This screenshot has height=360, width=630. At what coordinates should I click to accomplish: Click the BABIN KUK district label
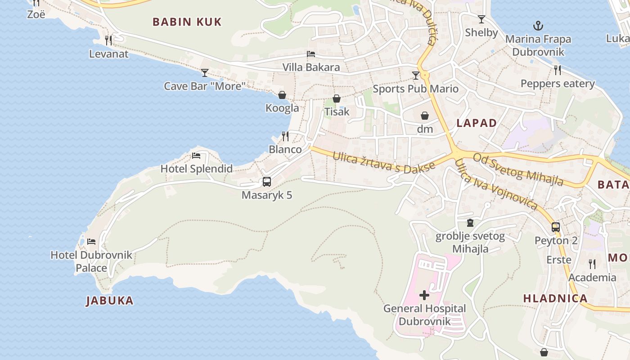pos(187,22)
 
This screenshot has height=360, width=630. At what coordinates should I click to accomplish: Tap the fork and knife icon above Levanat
pos(108,40)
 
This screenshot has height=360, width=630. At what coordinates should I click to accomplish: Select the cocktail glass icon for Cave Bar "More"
pos(205,72)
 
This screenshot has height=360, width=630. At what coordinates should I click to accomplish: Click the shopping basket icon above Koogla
pos(282,95)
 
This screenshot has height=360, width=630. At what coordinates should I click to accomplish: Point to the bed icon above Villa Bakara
pos(311,54)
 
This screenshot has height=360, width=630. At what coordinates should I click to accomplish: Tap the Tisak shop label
pos(337,112)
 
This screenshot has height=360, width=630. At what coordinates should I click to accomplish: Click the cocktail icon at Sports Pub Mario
pos(416,75)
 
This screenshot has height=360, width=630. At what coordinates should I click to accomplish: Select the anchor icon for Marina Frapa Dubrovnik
pos(537,26)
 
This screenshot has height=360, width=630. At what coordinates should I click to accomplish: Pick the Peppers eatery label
pos(558,84)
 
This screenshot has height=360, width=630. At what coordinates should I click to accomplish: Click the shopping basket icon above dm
pos(424,116)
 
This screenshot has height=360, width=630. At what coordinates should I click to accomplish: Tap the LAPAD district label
pos(477,123)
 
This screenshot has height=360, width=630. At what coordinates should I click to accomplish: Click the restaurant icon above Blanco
pos(285,135)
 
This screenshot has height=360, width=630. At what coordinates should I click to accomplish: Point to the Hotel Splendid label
pos(197,169)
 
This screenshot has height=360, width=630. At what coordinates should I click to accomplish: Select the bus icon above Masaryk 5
pos(267,182)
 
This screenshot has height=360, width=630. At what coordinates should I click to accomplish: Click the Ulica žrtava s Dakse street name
pos(383,162)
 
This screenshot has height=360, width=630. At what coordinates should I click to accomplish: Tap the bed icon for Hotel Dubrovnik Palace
pos(91,242)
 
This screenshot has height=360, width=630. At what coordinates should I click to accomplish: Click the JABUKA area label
pos(109,301)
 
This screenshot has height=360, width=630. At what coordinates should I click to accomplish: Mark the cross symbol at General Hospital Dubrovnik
pos(424,295)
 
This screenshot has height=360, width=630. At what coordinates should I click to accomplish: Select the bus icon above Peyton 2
pos(556,227)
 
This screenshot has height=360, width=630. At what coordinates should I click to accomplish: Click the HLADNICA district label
pos(555,298)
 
